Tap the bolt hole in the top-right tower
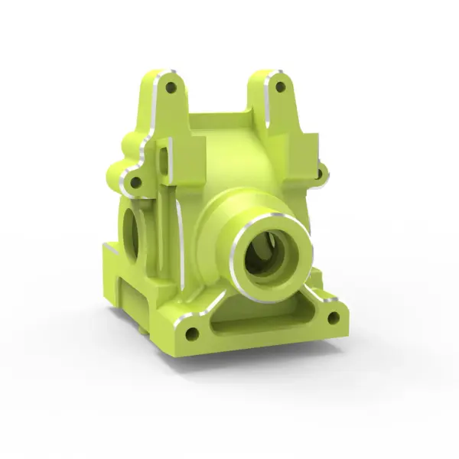click(x=279, y=86)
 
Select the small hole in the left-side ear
click(x=135, y=183)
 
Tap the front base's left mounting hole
click(x=191, y=333)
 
